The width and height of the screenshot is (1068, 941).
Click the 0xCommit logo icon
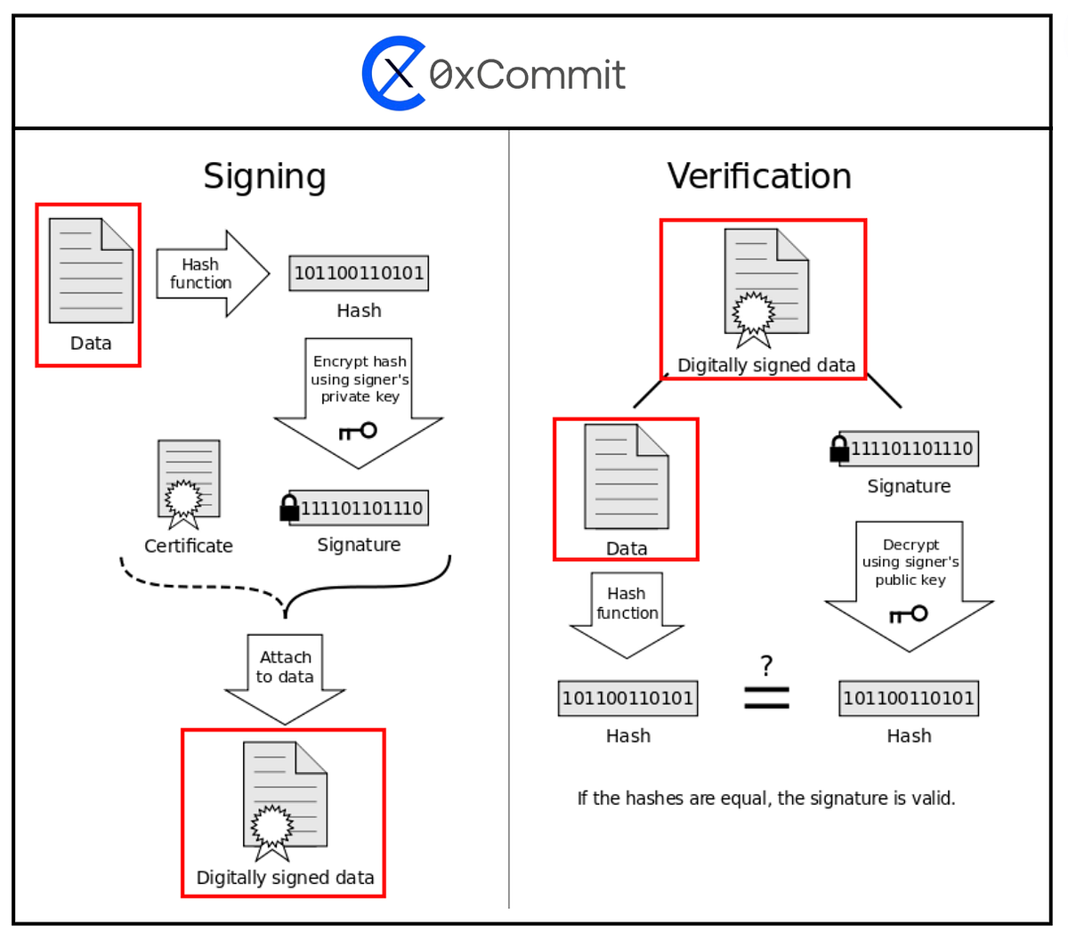point(393,73)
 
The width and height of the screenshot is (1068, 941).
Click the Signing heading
point(264,176)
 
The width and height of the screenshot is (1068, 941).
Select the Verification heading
point(759,176)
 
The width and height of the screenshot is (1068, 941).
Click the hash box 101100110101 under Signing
point(359,273)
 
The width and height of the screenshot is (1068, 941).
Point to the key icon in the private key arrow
point(358,432)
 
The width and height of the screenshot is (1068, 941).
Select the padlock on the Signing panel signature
point(289,507)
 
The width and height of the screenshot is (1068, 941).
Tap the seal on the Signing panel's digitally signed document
point(271,826)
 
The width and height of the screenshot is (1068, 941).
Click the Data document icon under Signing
point(91,272)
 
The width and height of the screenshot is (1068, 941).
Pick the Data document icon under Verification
point(627,477)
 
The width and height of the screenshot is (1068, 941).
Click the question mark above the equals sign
point(766,665)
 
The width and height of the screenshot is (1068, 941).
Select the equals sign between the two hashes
point(766,697)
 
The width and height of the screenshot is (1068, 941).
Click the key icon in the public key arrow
point(909,614)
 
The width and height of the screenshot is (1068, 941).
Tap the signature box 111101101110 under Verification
point(910,449)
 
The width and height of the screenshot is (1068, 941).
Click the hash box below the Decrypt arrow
point(909,698)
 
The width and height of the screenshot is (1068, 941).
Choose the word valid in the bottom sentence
point(933,799)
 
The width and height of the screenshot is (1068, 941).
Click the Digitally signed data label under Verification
point(765,365)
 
